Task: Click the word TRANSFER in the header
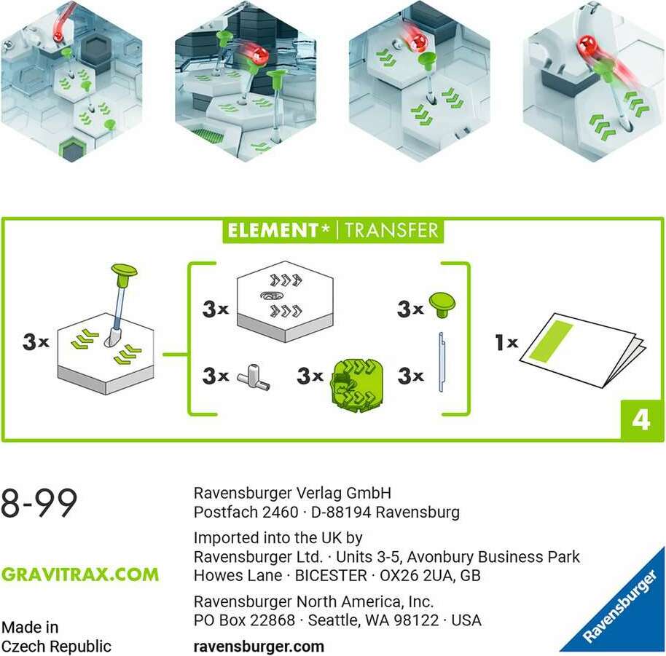391,231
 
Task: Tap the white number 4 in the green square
640,421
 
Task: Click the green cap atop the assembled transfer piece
124,273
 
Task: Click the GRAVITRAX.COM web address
80,574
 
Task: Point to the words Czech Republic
56,646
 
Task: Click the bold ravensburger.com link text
259,646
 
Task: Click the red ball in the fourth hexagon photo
587,50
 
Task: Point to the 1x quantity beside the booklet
506,341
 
